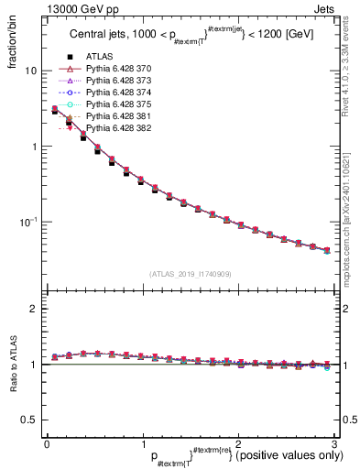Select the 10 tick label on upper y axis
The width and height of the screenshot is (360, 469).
(29, 71)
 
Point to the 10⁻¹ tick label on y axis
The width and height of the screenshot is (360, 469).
(27, 222)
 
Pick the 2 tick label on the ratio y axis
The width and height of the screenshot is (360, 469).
(33, 309)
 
